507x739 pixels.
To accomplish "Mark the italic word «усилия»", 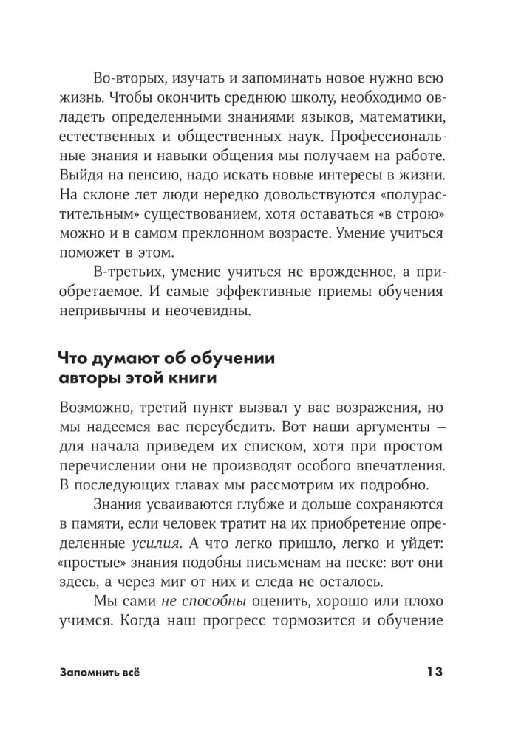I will click(149, 546).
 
